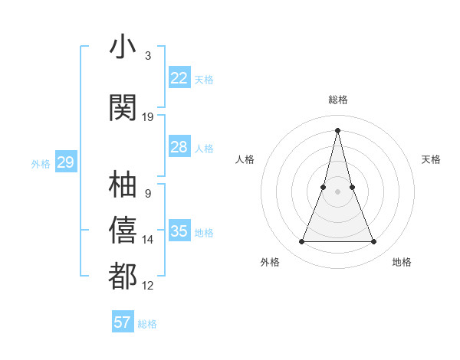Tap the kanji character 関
(123, 107)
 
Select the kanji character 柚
(123, 184)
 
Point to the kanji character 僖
(123, 230)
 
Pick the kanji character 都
(123, 276)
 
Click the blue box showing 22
(179, 77)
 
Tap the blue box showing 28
(179, 147)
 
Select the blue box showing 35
(179, 231)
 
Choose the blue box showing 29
(65, 162)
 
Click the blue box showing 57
(123, 322)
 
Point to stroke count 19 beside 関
(148, 117)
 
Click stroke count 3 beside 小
(148, 56)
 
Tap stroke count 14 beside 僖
(148, 240)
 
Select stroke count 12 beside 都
(148, 286)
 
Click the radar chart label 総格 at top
(338, 100)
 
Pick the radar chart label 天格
(431, 159)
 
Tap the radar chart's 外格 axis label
(270, 263)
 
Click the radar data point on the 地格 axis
(373, 242)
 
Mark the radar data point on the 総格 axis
(337, 130)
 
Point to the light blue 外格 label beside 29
(41, 164)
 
